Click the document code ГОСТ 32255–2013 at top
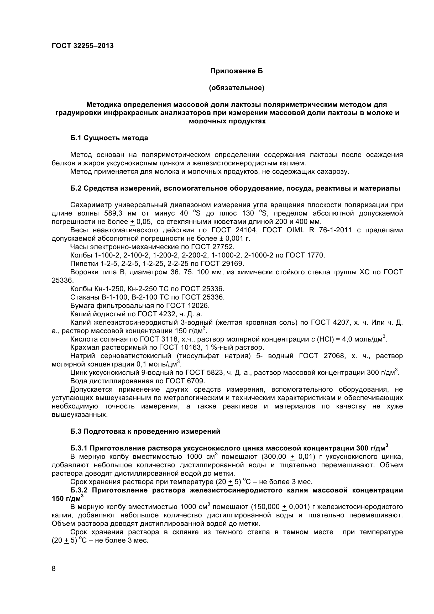tap(83, 46)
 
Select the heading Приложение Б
tap(236, 71)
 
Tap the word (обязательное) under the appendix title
tap(236, 88)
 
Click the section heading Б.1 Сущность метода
tap(109, 138)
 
